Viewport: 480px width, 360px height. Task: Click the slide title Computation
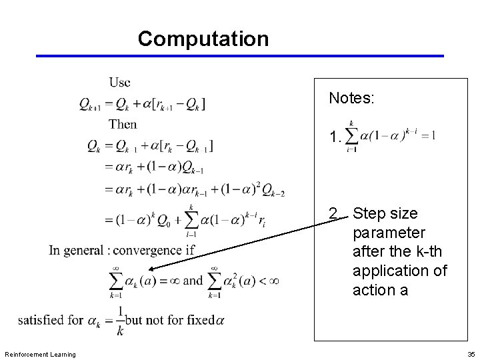pyautogui.click(x=203, y=39)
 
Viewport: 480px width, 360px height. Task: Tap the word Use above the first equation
pyautogui.click(x=120, y=82)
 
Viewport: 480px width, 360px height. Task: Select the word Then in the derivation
pyautogui.click(x=123, y=123)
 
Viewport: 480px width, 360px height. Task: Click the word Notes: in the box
pyautogui.click(x=352, y=99)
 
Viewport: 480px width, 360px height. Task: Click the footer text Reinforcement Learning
pyautogui.click(x=40, y=353)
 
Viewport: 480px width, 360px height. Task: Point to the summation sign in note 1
pyautogui.click(x=351, y=137)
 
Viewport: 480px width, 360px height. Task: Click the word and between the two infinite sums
pyautogui.click(x=192, y=280)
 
